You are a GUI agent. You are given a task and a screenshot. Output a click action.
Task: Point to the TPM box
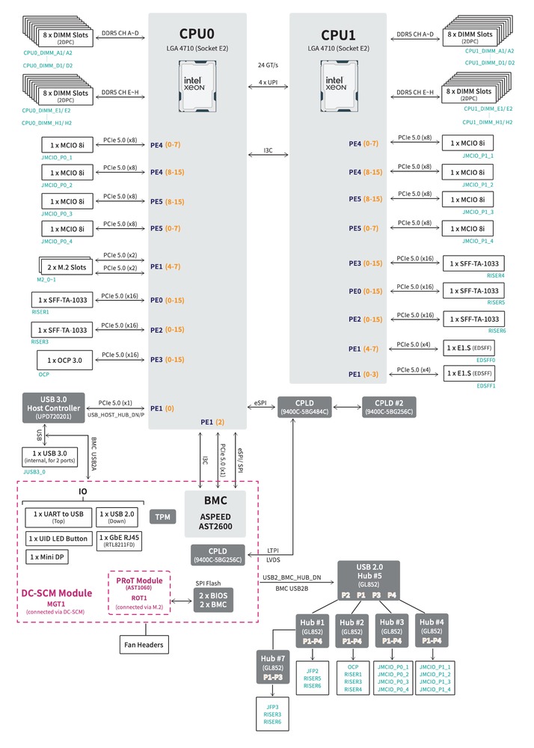pos(162,517)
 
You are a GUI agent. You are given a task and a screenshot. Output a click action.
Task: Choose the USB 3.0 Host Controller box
pos(53,407)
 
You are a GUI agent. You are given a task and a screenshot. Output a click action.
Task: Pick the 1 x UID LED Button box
pos(58,538)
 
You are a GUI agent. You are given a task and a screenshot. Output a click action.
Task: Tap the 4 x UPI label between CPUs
pos(267,81)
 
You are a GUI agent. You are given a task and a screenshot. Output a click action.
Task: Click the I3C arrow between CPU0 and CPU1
pos(267,156)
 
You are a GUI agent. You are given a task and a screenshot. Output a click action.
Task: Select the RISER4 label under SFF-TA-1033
pos(496,275)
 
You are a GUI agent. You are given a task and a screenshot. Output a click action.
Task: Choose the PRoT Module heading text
pos(138,580)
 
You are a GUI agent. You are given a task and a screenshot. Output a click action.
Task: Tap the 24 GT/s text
pos(267,64)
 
